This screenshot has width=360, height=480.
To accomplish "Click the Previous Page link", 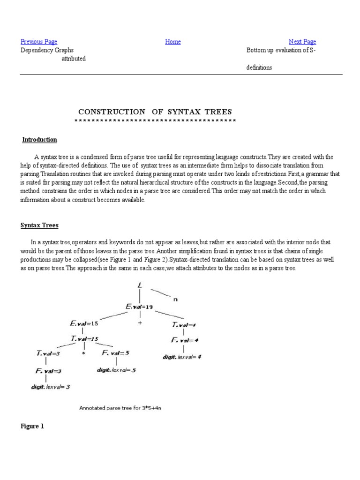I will pos(39,42).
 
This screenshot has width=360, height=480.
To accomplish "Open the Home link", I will pos(173,42).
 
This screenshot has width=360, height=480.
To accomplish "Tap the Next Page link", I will pos(302,42).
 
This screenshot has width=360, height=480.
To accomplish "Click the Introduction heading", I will pos(40,140).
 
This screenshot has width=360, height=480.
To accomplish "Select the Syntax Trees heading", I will pos(39,225).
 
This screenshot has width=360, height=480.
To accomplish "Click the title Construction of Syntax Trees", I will pos(155,112).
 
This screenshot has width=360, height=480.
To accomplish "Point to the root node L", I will pos(140,285).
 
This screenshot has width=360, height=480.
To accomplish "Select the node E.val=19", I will pos(139,307).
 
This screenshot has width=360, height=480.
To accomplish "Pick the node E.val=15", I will pos(84,323).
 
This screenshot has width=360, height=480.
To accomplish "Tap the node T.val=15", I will pos(84,338).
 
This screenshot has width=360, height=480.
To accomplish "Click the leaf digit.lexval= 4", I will pos(182,357).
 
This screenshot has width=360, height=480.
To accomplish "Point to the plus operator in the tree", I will pos(140,323).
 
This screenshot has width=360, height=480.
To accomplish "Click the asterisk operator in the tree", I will pos(83,354).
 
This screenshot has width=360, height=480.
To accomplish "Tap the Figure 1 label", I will pos(32,427).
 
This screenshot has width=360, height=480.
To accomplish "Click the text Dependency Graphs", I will pos(47,50).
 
